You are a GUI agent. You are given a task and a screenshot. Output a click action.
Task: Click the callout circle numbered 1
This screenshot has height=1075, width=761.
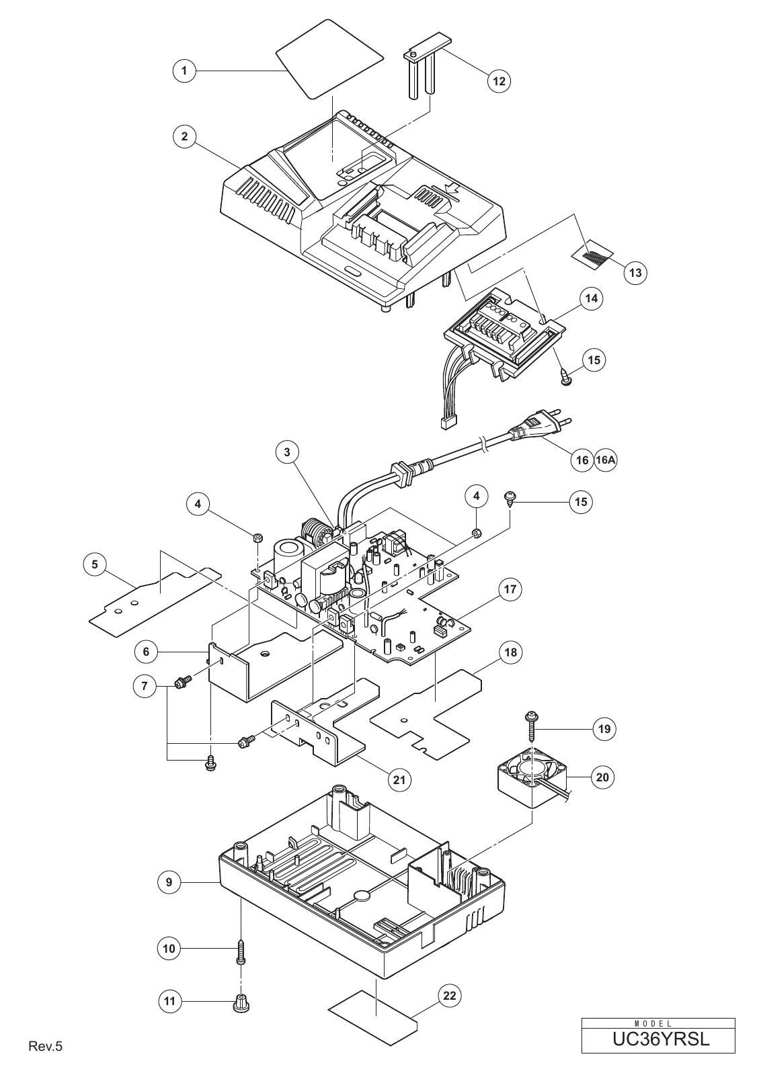tap(184, 71)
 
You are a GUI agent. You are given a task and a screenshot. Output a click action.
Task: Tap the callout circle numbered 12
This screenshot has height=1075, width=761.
tap(499, 81)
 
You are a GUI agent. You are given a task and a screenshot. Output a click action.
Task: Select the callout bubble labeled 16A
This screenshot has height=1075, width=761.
tap(606, 460)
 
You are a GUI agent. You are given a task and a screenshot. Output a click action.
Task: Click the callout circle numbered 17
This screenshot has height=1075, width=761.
tap(510, 589)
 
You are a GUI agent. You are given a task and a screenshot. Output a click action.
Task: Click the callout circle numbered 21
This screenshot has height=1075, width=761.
tap(399, 780)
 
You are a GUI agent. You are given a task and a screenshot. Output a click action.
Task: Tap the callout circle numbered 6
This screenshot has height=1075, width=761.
tap(146, 651)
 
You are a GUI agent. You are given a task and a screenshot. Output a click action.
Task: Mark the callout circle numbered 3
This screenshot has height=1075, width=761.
tap(287, 452)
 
